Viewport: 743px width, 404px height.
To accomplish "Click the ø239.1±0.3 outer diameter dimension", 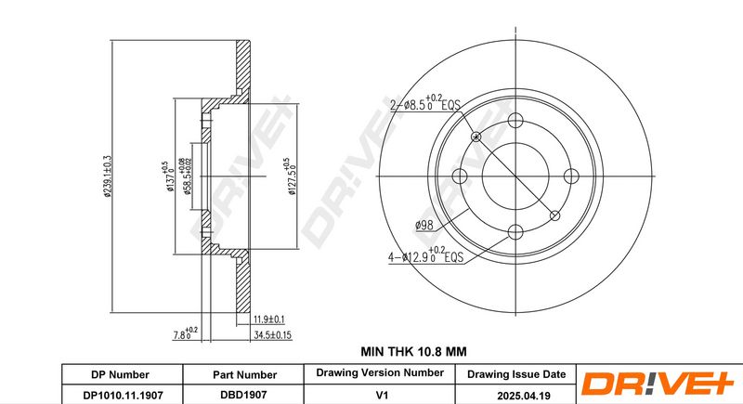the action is pos(108,176).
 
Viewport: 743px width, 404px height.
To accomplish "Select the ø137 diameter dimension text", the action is pos(168,176).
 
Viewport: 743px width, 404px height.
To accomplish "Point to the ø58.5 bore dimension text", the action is pos(183,176).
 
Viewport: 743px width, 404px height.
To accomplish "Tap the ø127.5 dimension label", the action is pos(290,176).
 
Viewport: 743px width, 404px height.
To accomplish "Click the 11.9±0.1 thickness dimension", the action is pos(268,319).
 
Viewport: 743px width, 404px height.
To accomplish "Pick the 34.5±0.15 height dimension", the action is pos(272,335).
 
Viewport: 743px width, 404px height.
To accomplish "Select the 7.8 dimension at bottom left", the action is pos(185,334).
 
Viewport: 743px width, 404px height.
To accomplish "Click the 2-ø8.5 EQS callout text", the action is pos(425,104).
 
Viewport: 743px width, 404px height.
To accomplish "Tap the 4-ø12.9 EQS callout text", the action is pos(425,255).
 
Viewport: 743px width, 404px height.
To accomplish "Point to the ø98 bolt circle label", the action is pos(424,226).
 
